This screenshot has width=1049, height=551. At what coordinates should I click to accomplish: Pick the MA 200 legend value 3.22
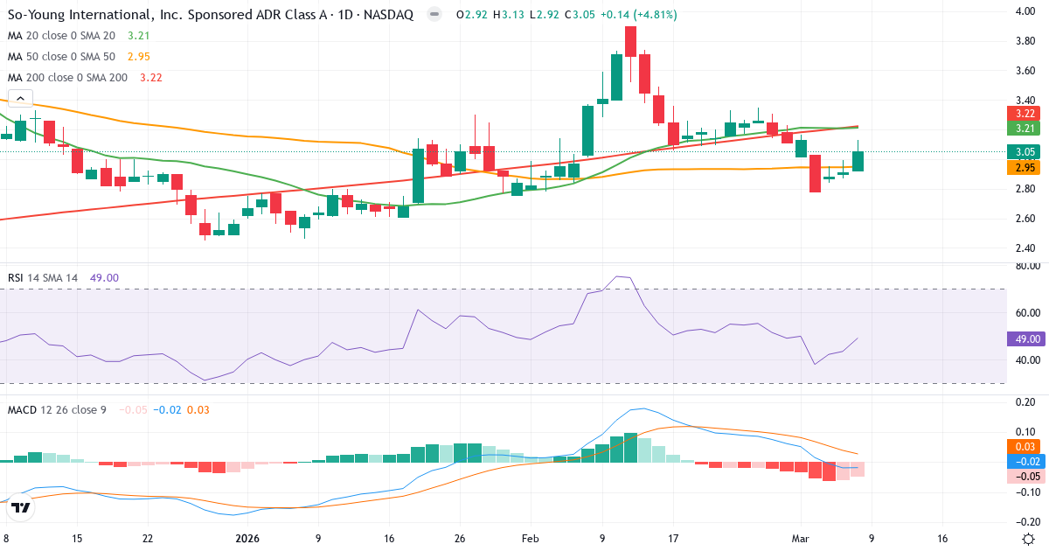point(150,77)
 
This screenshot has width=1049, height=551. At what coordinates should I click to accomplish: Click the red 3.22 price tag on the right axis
point(1024,114)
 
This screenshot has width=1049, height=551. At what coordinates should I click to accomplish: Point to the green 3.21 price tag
point(1024,129)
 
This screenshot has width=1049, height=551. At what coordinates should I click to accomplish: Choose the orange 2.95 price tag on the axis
point(1024,167)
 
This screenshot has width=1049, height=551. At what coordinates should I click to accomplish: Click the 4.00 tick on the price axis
point(1025,10)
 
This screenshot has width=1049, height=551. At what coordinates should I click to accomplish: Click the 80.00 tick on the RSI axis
point(1026,266)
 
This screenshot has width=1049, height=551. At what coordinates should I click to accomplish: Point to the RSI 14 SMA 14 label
point(43,278)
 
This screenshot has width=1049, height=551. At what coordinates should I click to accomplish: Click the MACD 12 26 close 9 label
point(57,409)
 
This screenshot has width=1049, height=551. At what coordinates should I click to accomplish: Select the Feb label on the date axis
point(531,539)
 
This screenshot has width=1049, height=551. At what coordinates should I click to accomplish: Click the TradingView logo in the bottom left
point(22,506)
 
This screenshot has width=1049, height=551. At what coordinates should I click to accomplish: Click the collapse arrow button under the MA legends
point(19,99)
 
